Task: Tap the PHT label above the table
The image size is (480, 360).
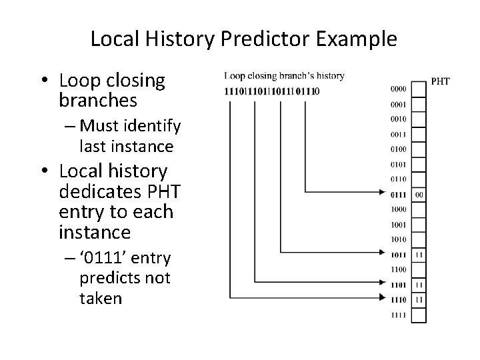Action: point(441,82)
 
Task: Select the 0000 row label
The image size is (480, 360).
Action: point(398,89)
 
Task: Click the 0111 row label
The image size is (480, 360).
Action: point(398,195)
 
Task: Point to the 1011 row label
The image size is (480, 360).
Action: point(398,255)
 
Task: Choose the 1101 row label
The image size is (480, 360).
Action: point(398,285)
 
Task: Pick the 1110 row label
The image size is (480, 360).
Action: point(398,300)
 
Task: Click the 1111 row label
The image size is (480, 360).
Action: point(398,315)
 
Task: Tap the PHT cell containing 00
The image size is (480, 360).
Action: point(418,195)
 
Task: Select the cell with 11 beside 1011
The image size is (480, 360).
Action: point(418,255)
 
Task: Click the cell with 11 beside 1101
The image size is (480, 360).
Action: point(418,285)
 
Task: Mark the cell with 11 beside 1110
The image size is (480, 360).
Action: point(418,300)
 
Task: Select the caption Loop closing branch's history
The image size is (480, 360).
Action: point(284,76)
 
